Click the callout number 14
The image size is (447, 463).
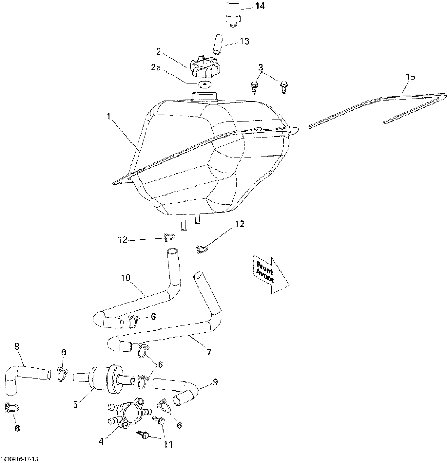pos(260,6)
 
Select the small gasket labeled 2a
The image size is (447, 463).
pos(204,84)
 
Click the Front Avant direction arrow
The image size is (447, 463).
pos(271,274)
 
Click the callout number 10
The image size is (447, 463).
pos(126,278)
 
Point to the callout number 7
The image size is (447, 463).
pos(209,352)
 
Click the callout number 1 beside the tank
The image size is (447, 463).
pos(109,117)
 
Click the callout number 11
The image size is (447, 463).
pos(168,444)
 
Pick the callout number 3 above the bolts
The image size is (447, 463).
pos(261,67)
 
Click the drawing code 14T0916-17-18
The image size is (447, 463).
pos(20,459)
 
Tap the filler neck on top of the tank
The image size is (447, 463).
pos(205,97)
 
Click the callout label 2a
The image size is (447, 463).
pos(156,67)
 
